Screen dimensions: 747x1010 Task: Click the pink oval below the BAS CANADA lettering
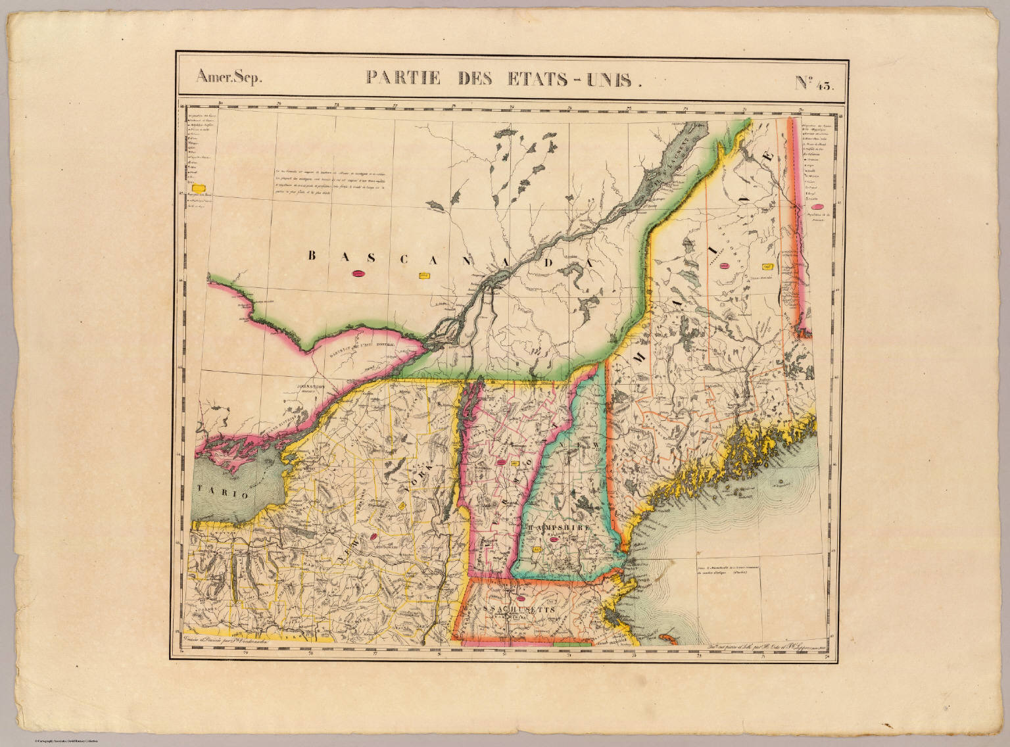pos(359,274)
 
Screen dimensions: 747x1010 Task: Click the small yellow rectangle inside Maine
pos(766,266)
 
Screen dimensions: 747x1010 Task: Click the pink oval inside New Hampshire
pos(554,540)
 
